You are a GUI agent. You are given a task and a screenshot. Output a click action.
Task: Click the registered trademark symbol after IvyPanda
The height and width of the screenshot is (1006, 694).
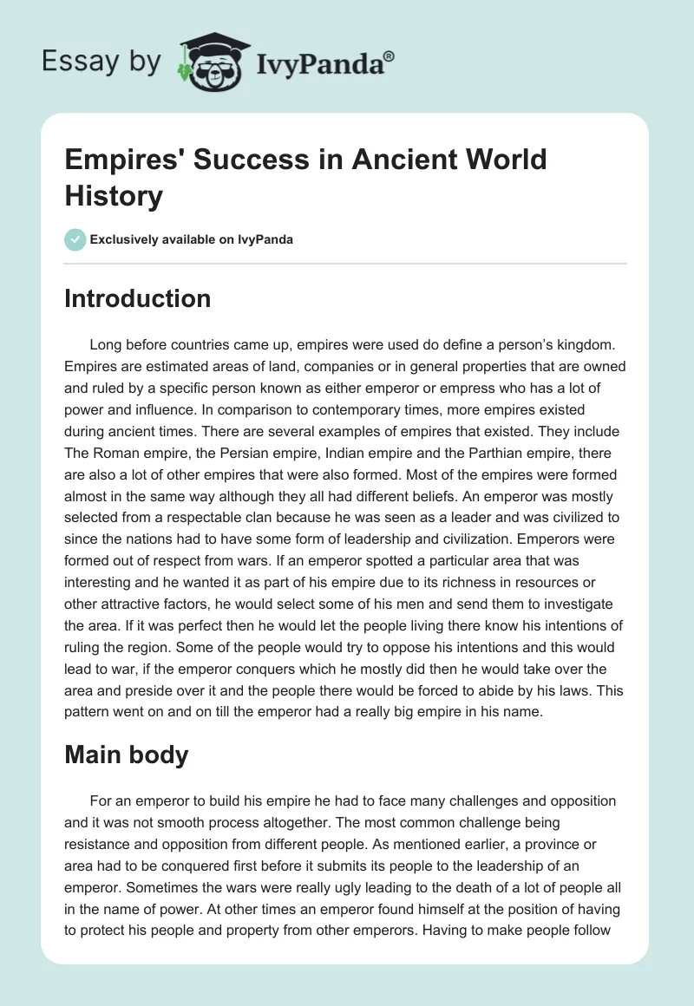click(390, 56)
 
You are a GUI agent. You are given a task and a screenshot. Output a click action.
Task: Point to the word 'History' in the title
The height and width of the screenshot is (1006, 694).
click(114, 196)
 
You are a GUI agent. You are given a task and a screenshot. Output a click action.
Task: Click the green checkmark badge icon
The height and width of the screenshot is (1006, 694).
click(75, 239)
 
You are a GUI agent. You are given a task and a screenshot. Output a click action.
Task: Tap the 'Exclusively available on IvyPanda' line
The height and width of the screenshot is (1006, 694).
click(191, 239)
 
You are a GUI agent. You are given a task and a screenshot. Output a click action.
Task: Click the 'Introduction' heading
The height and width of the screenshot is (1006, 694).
click(138, 298)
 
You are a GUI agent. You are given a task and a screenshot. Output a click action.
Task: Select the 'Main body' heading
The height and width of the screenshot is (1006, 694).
click(127, 754)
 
